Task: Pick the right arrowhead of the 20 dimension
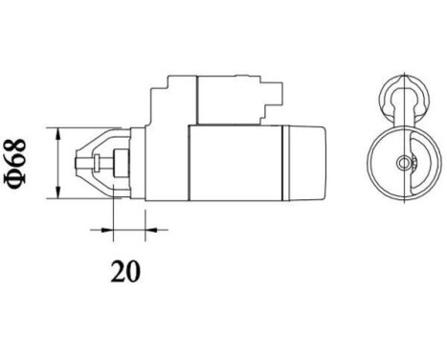pyautogui.click(x=144, y=230)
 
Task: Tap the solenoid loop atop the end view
pyautogui.click(x=403, y=101)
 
